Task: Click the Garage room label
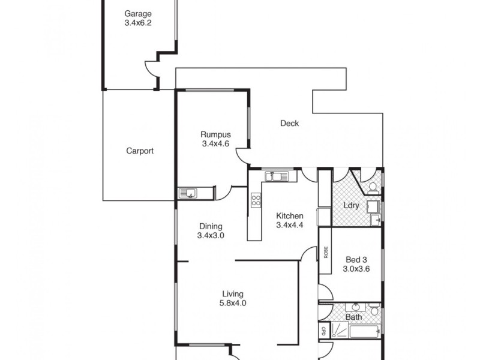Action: point(137,14)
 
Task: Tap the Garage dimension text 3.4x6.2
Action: point(137,23)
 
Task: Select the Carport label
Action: point(140,151)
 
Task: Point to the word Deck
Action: point(289,124)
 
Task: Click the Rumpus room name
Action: point(215,134)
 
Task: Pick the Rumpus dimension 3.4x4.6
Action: point(215,143)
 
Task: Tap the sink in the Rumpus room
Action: point(190,193)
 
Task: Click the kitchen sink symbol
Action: point(276,176)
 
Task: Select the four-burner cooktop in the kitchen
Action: point(256,200)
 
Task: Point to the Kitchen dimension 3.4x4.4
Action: point(290,226)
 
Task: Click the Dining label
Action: point(211,226)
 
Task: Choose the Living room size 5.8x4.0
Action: point(233,303)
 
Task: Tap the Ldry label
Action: point(351,205)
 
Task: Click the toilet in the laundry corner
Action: point(372,187)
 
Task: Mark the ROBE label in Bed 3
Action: point(325,253)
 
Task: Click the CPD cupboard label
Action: point(323,330)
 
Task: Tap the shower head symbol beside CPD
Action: point(336,330)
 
